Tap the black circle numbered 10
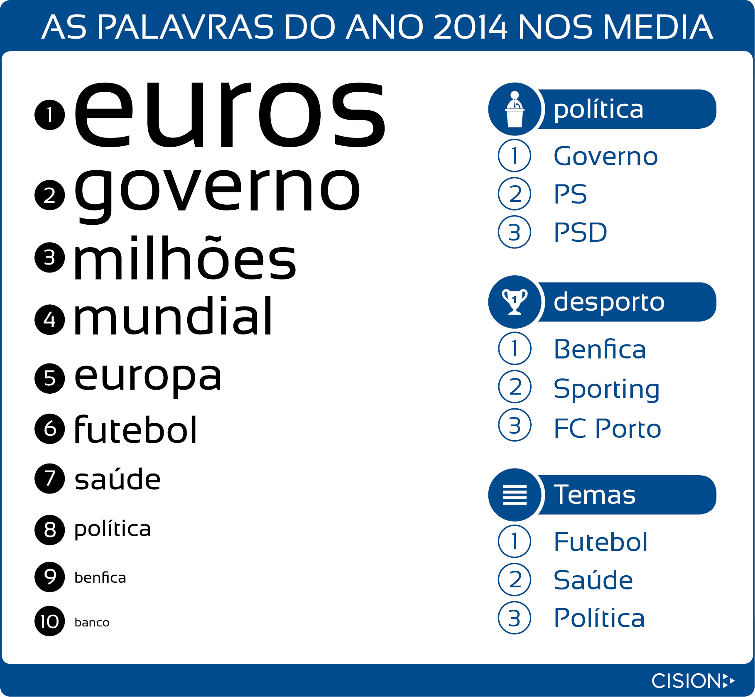(50, 621)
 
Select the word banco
(92, 622)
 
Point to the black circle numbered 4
(50, 319)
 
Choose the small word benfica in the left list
(100, 577)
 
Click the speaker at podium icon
(515, 109)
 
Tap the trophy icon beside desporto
(515, 302)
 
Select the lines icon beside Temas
(515, 495)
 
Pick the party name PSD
(581, 232)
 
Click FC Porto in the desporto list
(608, 428)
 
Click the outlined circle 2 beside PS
(515, 194)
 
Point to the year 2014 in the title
(470, 27)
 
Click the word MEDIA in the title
(658, 27)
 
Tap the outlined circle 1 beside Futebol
(515, 541)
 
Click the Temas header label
(595, 495)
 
